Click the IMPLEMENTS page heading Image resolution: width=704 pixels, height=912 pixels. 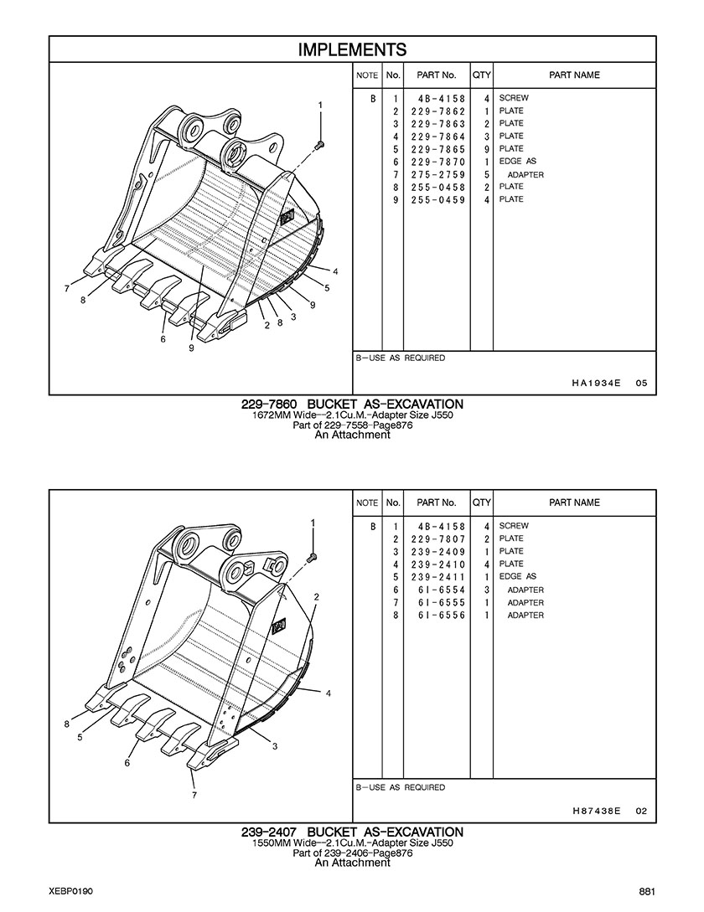point(352,49)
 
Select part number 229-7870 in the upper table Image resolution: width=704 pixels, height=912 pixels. point(437,162)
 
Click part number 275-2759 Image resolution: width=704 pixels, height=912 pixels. point(437,174)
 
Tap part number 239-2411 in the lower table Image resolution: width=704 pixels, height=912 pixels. point(437,577)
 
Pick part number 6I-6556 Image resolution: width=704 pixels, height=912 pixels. point(441,615)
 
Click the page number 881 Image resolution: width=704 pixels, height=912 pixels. point(648,892)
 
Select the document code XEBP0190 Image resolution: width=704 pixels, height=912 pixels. point(71,892)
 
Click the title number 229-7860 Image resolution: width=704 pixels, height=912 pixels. point(269,404)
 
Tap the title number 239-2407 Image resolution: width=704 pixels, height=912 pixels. point(269,832)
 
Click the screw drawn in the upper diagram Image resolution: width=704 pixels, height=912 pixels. point(319,143)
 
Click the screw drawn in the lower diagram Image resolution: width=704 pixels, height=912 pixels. point(312,557)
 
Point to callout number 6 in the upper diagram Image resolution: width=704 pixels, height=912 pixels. point(163,339)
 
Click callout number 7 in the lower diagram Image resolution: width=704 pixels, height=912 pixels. point(194,795)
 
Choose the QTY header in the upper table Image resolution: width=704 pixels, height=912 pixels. point(482,75)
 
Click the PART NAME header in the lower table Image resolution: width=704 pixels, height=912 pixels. point(574,502)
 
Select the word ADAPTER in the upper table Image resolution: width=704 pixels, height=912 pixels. point(525,174)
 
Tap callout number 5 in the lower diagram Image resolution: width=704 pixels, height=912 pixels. point(80,738)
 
